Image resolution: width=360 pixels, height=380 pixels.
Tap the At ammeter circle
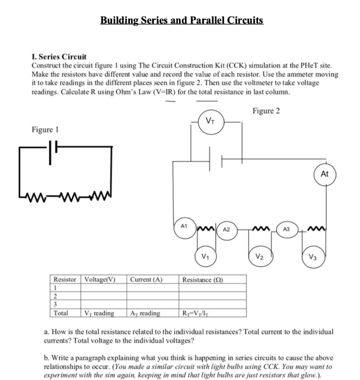[325, 174]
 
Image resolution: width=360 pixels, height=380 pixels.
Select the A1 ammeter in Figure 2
[184, 229]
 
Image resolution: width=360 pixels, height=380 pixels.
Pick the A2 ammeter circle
[226, 230]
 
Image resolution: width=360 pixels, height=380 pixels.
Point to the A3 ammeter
[286, 230]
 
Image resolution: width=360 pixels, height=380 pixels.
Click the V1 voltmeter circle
[205, 256]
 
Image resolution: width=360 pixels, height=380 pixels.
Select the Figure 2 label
[266, 111]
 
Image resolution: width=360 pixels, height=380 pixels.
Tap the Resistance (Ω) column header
[203, 279]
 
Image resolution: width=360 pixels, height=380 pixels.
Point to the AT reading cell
[145, 313]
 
